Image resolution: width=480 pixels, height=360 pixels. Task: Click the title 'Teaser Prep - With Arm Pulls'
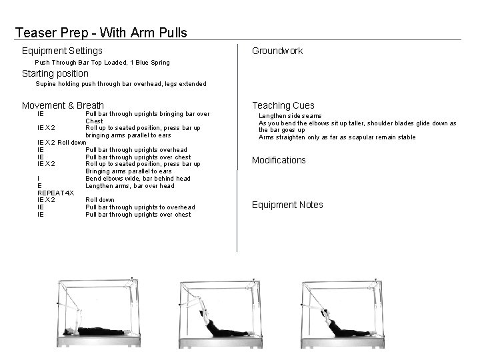point(101,32)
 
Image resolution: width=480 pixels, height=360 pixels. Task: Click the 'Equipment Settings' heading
point(62,51)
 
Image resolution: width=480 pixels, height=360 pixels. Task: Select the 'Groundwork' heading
point(277,51)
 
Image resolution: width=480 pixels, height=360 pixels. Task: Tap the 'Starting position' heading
point(55,73)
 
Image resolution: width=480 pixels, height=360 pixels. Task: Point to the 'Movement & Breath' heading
point(63,105)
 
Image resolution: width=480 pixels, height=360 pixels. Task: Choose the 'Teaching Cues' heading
point(283,105)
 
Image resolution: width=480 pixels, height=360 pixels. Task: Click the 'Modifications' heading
point(279,160)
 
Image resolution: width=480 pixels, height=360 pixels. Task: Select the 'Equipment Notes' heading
point(287,205)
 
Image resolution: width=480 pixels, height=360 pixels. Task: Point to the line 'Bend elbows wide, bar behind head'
point(137,179)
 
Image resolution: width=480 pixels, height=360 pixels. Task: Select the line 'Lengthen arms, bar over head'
point(130,186)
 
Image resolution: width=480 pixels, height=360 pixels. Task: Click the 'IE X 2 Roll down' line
point(61,143)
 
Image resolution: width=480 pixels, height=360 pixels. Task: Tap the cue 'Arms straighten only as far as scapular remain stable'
point(337,137)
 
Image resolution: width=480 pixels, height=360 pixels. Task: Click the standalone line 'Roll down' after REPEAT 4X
point(100,200)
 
